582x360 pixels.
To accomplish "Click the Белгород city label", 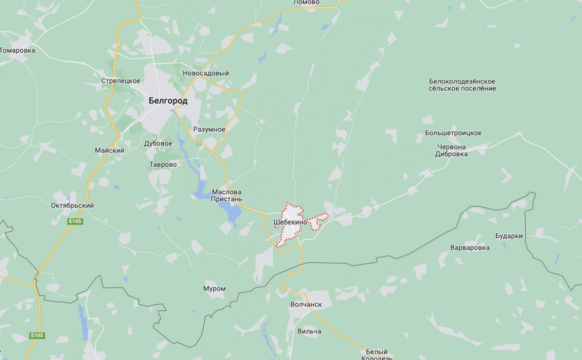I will pyautogui.click(x=168, y=101).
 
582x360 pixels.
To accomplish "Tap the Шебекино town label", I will pyautogui.click(x=290, y=222).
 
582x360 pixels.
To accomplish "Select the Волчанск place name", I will pyautogui.click(x=306, y=304).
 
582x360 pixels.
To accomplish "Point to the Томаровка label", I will pyautogui.click(x=18, y=50).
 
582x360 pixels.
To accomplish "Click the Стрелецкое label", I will pyautogui.click(x=121, y=81).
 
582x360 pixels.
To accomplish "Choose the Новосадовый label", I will pyautogui.click(x=206, y=73).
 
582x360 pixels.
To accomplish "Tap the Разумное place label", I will pyautogui.click(x=209, y=129).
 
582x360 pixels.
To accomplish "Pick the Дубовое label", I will pyautogui.click(x=158, y=144).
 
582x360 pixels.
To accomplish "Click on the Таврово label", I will pyautogui.click(x=163, y=165).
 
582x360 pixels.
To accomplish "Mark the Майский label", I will pyautogui.click(x=109, y=150).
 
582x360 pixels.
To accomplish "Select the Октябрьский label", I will pyautogui.click(x=72, y=206).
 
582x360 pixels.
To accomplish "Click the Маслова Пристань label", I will pyautogui.click(x=227, y=195).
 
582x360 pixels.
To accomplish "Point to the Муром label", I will pyautogui.click(x=214, y=288).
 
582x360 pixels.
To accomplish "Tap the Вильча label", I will pyautogui.click(x=309, y=331).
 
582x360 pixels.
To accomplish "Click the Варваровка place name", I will pyautogui.click(x=470, y=248).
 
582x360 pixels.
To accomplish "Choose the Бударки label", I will pyautogui.click(x=509, y=236).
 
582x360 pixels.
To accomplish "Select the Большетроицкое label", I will pyautogui.click(x=453, y=133).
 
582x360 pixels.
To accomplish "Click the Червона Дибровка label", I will pyautogui.click(x=451, y=150).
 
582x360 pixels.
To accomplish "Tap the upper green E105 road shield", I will pyautogui.click(x=75, y=221).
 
